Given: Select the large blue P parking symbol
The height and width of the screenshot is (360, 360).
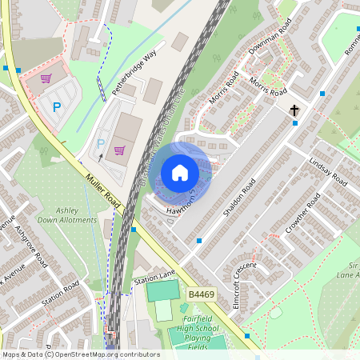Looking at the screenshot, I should point(56,106).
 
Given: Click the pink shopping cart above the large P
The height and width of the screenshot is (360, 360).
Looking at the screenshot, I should point(46,78).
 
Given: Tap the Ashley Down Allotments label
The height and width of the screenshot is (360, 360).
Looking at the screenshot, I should point(72,215).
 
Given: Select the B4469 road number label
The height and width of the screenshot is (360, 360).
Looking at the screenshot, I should point(202,295).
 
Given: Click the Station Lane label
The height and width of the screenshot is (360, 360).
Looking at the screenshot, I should point(154,279).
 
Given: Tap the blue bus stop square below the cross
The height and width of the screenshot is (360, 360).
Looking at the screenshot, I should point(294,123).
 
